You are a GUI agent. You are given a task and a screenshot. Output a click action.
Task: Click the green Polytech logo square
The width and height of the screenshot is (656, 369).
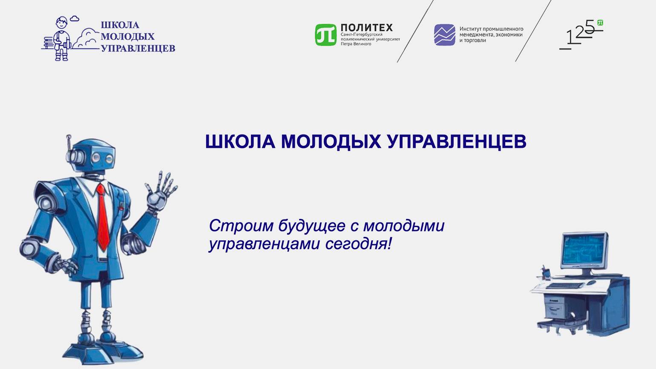[x=325, y=35]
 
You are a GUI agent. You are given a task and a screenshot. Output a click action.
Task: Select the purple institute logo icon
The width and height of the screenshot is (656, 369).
[x=445, y=35]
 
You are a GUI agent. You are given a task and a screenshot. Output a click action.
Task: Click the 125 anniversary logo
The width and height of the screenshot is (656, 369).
[x=581, y=35]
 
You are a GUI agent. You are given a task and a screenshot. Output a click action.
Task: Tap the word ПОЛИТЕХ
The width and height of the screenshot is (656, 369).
[x=367, y=28]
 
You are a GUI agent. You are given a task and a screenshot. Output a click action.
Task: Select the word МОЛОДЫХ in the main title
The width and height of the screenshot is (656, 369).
[x=331, y=142]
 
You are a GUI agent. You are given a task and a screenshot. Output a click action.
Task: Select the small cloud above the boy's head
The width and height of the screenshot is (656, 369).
[x=75, y=19]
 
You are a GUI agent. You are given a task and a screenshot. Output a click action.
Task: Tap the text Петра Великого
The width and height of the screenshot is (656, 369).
[x=356, y=44]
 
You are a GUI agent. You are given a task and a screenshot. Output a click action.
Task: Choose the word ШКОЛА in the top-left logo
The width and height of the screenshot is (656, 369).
[x=120, y=25]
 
